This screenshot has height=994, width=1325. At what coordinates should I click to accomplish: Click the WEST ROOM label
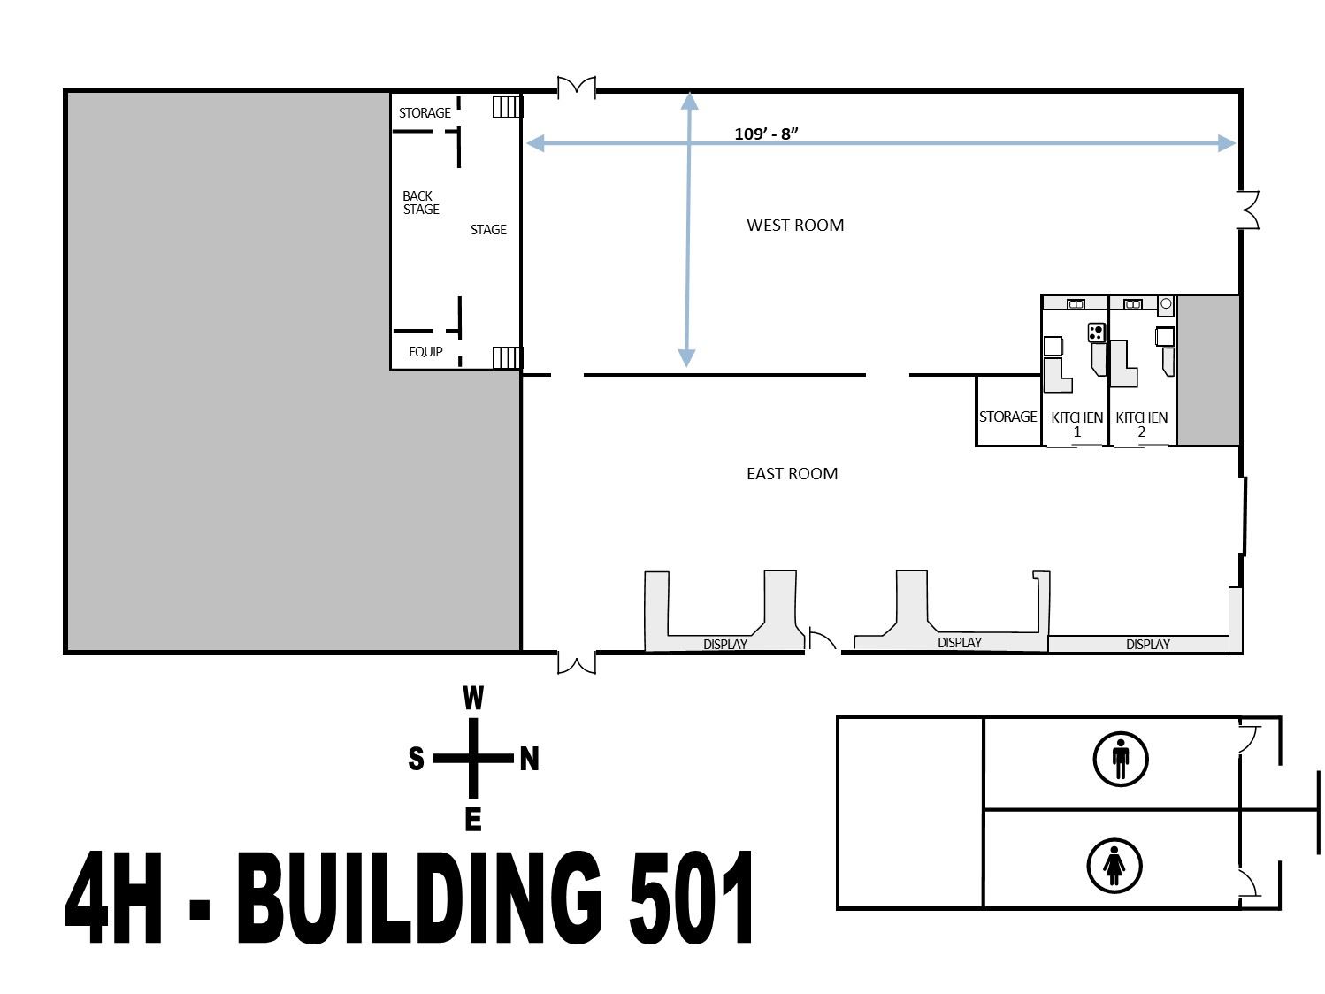[x=794, y=225]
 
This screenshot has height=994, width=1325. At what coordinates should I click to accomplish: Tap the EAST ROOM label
[x=792, y=473]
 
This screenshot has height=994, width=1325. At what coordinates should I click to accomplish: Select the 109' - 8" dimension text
[x=766, y=134]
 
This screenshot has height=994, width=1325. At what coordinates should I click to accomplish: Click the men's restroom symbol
[x=1121, y=759]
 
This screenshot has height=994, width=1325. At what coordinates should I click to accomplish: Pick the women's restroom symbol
[x=1114, y=866]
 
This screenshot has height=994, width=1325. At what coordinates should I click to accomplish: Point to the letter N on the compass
[x=529, y=759]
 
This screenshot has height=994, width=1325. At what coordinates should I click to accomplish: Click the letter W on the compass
[x=473, y=700]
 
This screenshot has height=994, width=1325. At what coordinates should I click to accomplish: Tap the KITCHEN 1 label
[x=1076, y=424]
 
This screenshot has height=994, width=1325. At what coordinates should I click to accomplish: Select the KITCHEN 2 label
[x=1141, y=424]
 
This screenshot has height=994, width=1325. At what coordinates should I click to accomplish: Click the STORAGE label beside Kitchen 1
[x=1007, y=417]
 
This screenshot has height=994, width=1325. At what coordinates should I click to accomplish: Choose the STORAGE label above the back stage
[x=425, y=113]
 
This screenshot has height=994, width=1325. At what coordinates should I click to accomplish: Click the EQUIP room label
[x=425, y=352]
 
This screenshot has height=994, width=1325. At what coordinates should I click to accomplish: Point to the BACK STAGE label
[x=420, y=203]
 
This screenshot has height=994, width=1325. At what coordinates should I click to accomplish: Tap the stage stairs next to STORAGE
[x=507, y=107]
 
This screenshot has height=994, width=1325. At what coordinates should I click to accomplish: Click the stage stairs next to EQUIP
[x=507, y=357]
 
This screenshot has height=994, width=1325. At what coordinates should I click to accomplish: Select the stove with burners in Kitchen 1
[x=1097, y=333]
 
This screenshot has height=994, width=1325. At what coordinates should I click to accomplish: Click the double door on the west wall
[x=576, y=87]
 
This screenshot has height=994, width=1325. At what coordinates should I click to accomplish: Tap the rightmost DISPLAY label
[x=1147, y=645]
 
